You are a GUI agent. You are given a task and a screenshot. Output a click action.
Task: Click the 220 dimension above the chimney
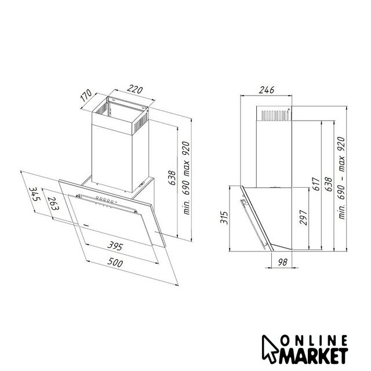(x=135, y=89)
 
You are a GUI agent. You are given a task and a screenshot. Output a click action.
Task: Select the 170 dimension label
(x=86, y=95)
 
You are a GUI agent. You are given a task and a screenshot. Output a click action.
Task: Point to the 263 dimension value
(x=53, y=203)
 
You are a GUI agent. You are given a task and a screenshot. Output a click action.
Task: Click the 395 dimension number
(x=115, y=246)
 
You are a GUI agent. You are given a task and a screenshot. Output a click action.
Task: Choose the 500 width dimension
(x=115, y=262)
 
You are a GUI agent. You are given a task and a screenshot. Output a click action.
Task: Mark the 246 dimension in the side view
(x=267, y=90)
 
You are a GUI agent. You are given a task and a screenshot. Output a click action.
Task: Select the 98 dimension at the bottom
(x=282, y=262)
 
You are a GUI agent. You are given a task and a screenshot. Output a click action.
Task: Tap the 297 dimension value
(x=303, y=217)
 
